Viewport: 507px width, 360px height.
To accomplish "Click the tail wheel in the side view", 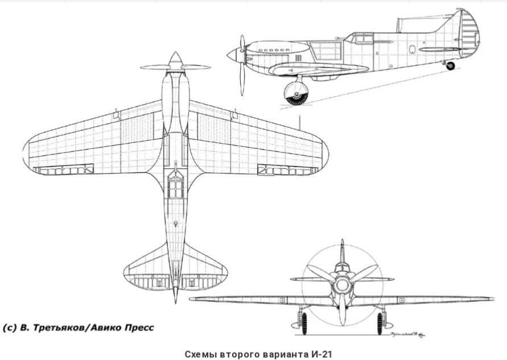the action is click(450, 66).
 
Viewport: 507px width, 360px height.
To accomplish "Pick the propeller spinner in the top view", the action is click(175, 60).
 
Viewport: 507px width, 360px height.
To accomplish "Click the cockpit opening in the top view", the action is click(175, 185).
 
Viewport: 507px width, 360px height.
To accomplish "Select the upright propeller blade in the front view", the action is click(342, 252).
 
